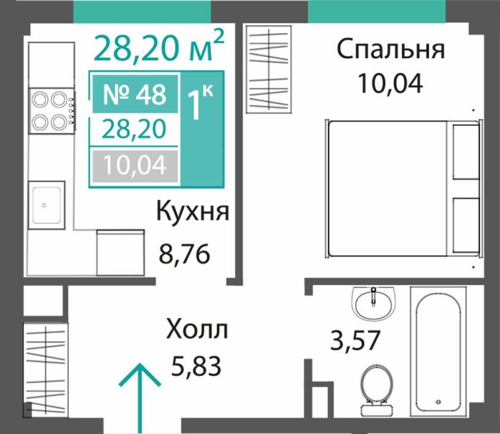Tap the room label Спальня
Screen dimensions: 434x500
[391, 50]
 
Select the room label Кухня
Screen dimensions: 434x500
[193, 213]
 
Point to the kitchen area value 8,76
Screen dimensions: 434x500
[184, 255]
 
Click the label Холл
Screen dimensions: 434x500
[197, 329]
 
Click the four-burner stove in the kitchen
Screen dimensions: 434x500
[52, 110]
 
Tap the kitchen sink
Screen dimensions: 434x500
[46, 205]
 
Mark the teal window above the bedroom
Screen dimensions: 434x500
[377, 11]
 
